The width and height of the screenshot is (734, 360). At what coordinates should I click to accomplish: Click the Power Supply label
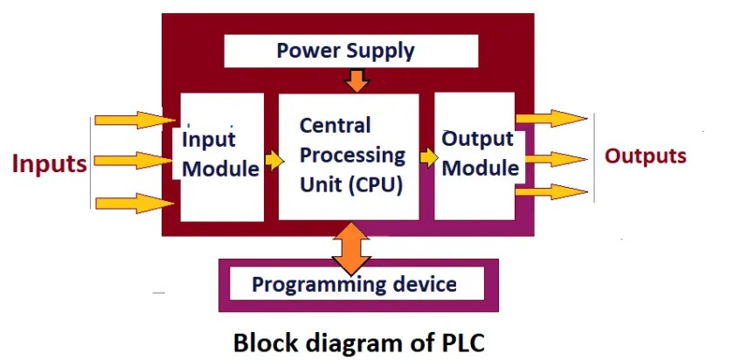click(x=345, y=51)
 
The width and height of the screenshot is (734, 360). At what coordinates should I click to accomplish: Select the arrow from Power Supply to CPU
click(x=357, y=81)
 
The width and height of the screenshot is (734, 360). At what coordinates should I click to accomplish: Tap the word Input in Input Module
click(x=209, y=140)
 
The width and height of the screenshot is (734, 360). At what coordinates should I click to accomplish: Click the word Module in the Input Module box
click(x=220, y=169)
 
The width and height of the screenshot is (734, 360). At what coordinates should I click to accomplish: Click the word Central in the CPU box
click(x=335, y=125)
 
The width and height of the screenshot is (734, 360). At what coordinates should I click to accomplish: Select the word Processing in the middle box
click(x=352, y=155)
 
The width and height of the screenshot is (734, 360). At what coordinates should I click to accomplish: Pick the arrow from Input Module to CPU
click(x=274, y=161)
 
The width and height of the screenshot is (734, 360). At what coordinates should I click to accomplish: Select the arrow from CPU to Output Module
click(x=428, y=156)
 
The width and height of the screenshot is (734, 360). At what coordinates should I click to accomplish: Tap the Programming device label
click(x=354, y=284)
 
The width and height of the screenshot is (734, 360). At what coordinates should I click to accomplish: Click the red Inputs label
click(x=49, y=164)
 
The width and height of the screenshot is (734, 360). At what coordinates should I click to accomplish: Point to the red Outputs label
click(x=646, y=156)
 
